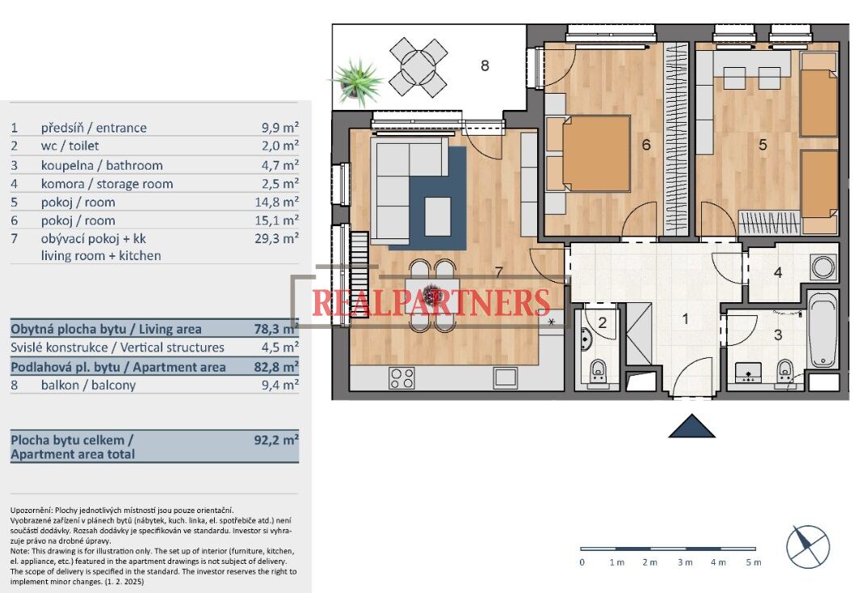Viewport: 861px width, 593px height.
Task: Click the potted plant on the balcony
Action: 358,82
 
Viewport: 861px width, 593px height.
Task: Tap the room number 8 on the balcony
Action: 485,66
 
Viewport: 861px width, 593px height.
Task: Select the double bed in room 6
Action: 589,154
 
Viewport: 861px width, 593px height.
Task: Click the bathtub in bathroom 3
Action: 822,330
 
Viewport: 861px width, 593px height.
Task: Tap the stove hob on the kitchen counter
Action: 401,378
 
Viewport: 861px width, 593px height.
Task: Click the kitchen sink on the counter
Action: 505,378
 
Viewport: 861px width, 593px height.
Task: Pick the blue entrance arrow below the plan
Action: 692,426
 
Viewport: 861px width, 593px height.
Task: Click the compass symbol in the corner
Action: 808,547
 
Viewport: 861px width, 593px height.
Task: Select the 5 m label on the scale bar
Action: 754,562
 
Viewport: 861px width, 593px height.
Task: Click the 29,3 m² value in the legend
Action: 277,238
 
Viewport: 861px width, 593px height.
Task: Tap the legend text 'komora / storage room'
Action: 107,184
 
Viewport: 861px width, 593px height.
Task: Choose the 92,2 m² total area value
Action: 276,439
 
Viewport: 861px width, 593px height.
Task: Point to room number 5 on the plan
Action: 762,145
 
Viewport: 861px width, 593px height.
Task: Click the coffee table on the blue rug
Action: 438,217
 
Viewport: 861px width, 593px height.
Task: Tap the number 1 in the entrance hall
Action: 685,318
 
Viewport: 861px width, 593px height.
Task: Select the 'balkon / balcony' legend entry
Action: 88,385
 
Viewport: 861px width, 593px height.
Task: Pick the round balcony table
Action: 418,66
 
